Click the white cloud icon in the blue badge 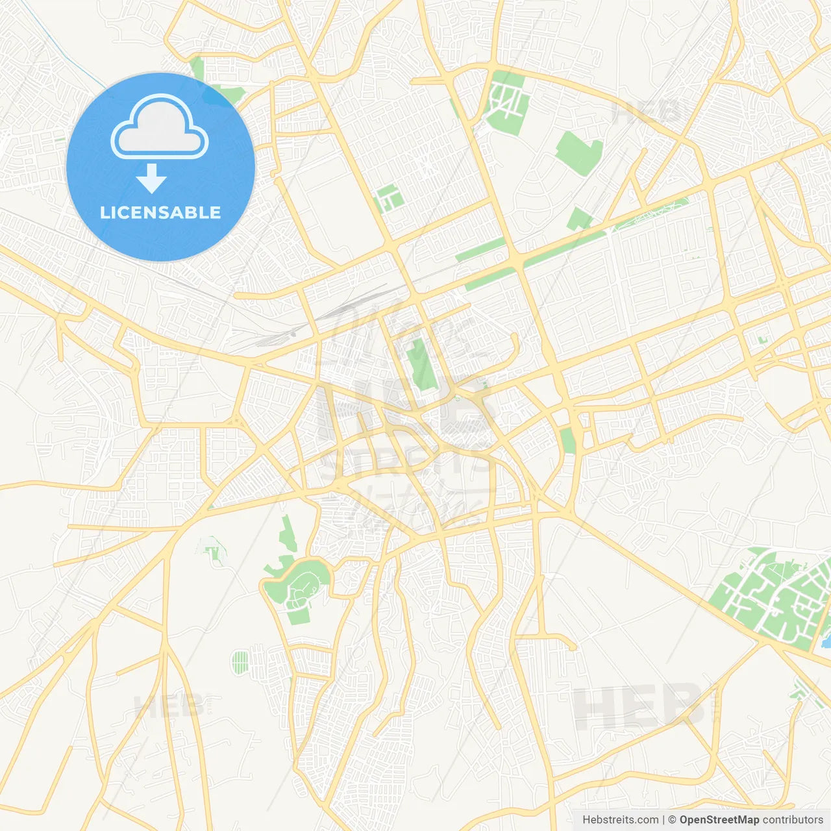coord(160,128)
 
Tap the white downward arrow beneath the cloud coord(152,179)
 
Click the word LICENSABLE coord(160,212)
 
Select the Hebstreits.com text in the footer coord(620,820)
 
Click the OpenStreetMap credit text coord(719,820)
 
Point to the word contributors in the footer coord(792,820)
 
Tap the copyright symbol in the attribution coord(672,820)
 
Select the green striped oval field coord(240,662)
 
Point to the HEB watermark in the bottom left coord(168,706)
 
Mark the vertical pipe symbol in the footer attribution coord(664,820)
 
